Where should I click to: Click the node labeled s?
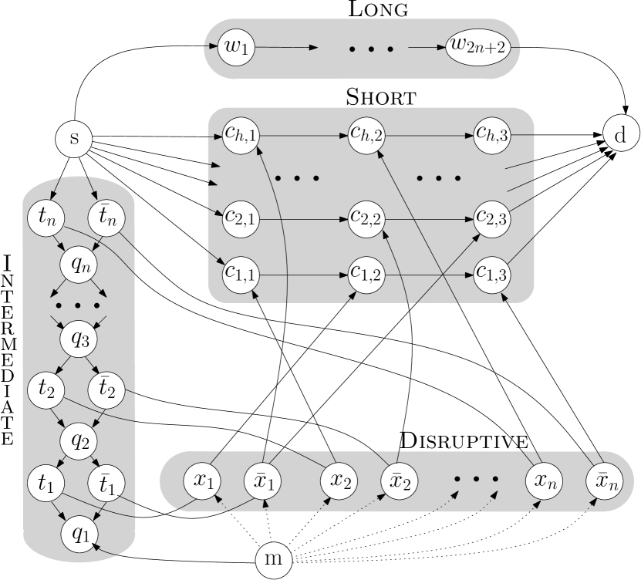pos(74,139)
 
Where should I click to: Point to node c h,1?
pos(241,134)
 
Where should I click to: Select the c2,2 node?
pos(366,218)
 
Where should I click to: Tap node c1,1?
pos(241,273)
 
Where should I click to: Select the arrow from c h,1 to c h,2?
pos(304,134)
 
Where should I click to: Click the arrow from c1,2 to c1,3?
pos(429,273)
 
